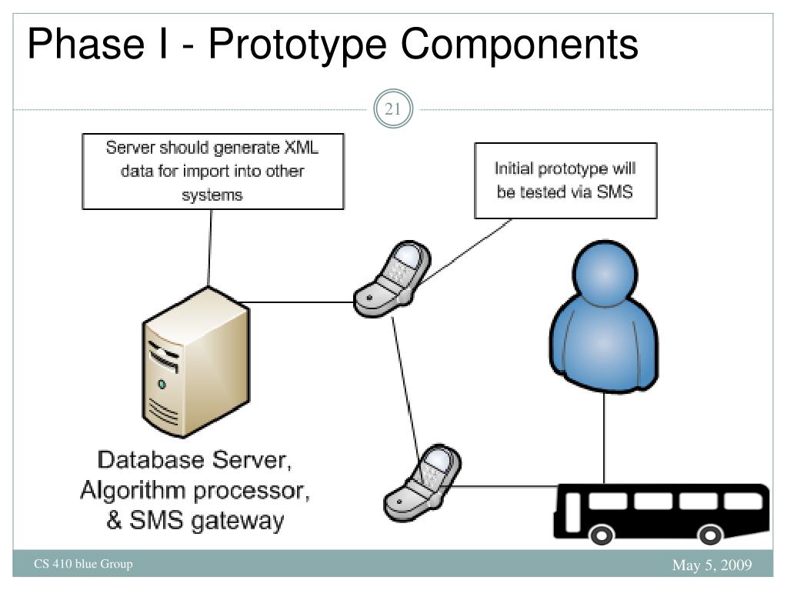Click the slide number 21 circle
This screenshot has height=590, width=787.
393,110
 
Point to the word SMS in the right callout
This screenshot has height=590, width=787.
614,192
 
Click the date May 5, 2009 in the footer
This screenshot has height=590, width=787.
712,567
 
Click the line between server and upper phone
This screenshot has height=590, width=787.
300,302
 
